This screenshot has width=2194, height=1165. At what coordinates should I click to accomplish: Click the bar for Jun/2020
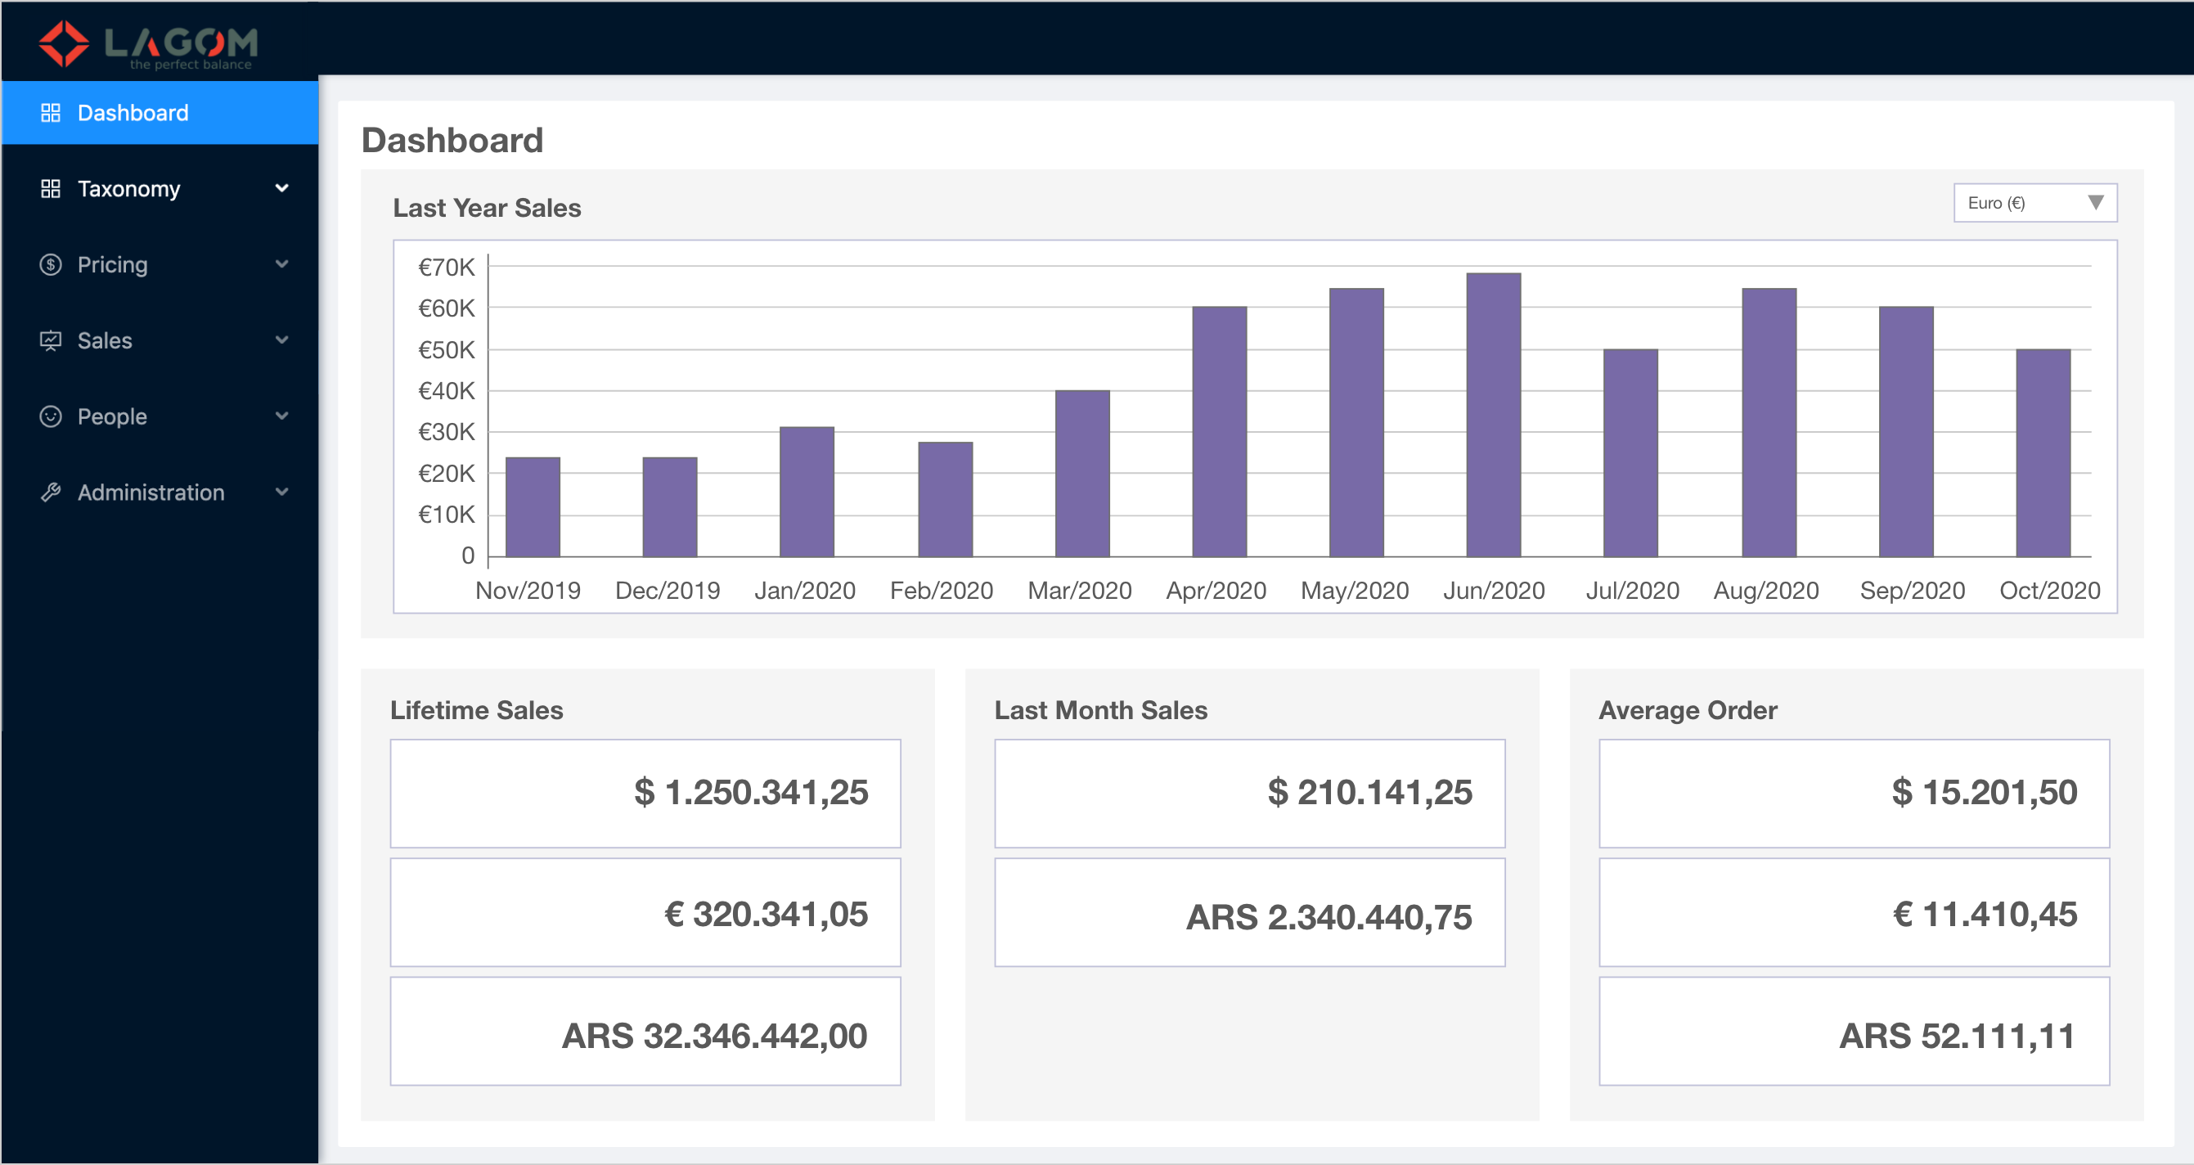pos(1493,415)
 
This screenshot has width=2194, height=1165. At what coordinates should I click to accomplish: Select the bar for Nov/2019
pos(533,506)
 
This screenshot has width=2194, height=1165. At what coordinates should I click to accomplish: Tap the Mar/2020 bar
pos(1081,474)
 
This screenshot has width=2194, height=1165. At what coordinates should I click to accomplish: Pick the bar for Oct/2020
pos(2043,453)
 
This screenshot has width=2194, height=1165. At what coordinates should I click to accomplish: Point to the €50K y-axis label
pos(447,350)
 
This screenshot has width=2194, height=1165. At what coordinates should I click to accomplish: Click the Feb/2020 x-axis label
pos(941,590)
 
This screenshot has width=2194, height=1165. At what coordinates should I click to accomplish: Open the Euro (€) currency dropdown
pos(2034,203)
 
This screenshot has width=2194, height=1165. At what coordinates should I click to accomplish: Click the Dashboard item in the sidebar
pos(133,113)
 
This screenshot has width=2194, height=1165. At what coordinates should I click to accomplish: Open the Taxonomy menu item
pos(128,189)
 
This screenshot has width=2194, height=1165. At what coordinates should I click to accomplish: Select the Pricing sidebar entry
pos(112,265)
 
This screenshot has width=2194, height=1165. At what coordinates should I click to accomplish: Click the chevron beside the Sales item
pos(282,340)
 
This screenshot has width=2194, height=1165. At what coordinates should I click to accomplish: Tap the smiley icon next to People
pos(51,416)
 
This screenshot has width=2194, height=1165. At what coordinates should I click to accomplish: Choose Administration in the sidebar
pos(151,493)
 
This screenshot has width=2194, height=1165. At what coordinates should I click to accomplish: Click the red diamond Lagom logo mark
pos(64,43)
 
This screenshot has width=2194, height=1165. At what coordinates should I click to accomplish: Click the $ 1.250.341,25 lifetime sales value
pos(750,792)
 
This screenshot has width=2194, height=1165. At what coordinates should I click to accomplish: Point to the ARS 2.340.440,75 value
pos(1329,917)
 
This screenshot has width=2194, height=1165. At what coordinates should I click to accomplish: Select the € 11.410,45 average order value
pos(1984,914)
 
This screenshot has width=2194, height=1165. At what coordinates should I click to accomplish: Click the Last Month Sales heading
pos(1100,710)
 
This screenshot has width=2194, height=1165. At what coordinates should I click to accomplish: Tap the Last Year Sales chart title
pos(486,208)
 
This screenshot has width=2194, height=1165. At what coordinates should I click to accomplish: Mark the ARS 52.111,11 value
pos(1957,1036)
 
